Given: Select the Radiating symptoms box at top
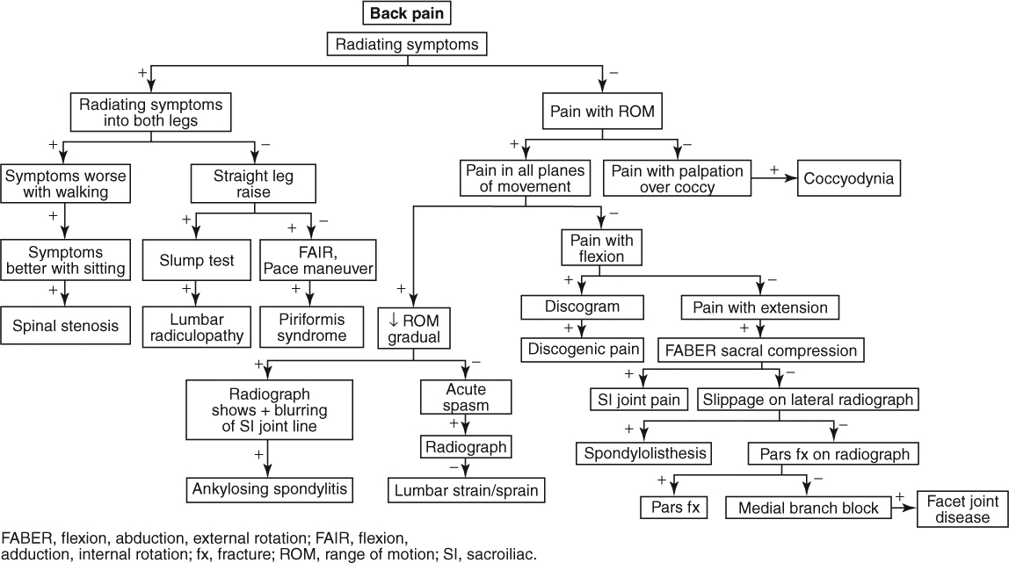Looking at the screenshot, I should tap(406, 44).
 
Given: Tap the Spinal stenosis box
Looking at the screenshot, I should tap(65, 326).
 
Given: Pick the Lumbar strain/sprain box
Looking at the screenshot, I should tap(466, 489).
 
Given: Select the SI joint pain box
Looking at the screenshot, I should tap(635, 400).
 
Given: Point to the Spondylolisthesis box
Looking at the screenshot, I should tap(643, 453).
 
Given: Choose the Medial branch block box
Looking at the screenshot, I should tap(807, 508).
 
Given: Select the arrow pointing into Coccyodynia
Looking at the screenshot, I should tap(780, 178).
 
